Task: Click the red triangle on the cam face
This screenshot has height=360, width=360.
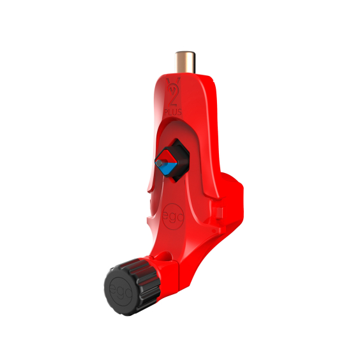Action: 168,158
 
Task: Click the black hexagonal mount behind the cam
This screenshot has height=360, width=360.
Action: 181,159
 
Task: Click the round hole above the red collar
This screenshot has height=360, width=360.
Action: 167,256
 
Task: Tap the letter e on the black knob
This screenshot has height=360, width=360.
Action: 112,285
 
